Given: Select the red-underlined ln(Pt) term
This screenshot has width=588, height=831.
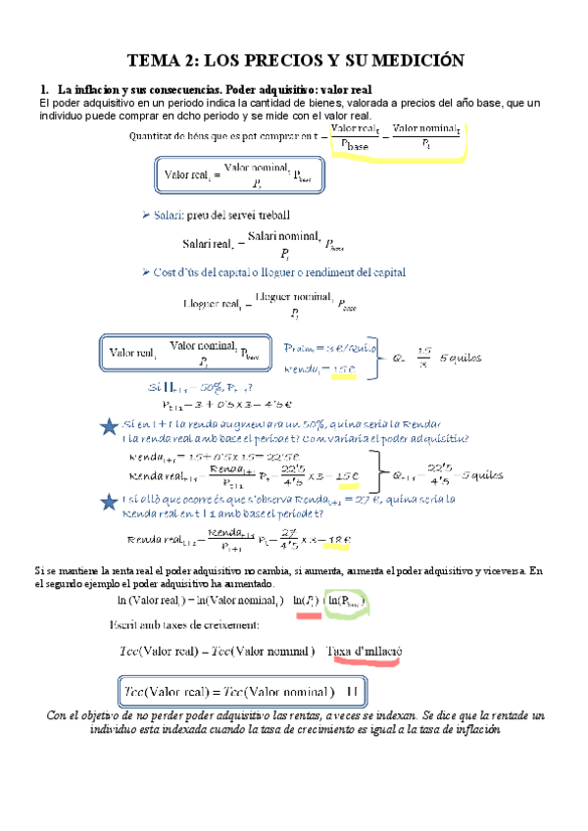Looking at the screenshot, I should (306, 599).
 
